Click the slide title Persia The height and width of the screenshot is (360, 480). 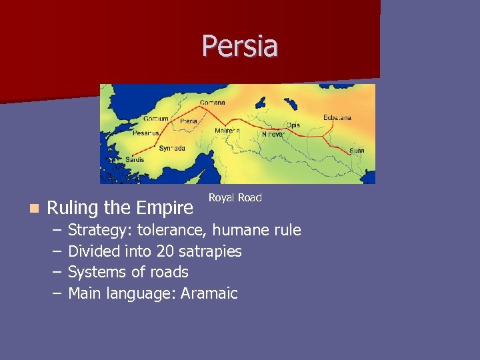240,47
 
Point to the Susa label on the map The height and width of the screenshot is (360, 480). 357,151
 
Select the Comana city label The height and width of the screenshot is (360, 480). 213,103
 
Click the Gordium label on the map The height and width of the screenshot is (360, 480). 155,119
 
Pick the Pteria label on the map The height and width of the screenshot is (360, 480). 189,121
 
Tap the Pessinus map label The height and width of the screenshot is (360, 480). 146,133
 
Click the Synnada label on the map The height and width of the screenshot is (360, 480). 172,149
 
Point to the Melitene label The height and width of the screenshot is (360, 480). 227,131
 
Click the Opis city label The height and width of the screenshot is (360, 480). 293,125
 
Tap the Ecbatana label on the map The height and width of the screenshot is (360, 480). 337,118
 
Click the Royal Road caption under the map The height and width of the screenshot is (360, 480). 235,197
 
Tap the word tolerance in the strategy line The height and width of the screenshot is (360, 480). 173,231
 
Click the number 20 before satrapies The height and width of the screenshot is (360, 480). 165,251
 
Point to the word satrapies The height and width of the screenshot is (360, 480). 209,251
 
